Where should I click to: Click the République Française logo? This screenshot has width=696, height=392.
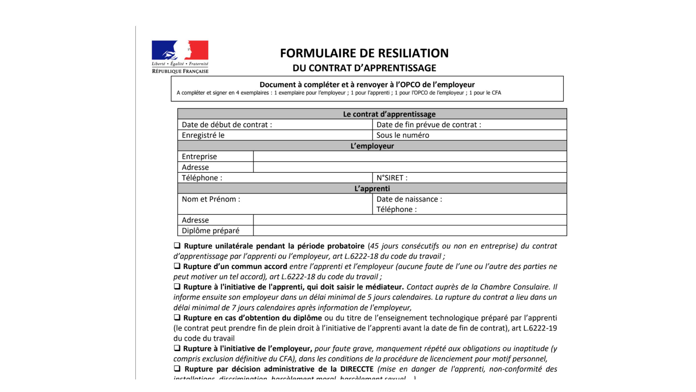pyautogui.click(x=180, y=57)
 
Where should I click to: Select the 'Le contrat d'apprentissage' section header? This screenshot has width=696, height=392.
pyautogui.click(x=389, y=114)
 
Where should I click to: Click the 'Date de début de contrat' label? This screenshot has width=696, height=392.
pyautogui.click(x=227, y=125)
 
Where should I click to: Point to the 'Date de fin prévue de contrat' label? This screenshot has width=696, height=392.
pyautogui.click(x=428, y=125)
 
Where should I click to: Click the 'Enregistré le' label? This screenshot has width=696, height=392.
pyautogui.click(x=203, y=135)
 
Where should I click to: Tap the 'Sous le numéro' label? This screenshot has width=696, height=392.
pyautogui.click(x=403, y=135)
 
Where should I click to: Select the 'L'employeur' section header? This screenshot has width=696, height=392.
pyautogui.click(x=372, y=146)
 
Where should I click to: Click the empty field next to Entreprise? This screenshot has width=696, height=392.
pyautogui.click(x=410, y=157)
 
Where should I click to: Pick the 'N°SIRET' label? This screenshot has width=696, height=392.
pyautogui.click(x=392, y=178)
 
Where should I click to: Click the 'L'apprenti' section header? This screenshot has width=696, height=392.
pyautogui.click(x=372, y=188)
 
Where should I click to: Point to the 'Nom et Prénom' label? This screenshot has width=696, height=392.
pyautogui.click(x=211, y=199)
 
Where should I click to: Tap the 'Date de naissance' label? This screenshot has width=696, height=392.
pyautogui.click(x=409, y=199)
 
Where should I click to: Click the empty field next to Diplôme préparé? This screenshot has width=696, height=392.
pyautogui.click(x=410, y=231)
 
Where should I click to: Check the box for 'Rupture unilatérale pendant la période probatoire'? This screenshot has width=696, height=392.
pyautogui.click(x=177, y=246)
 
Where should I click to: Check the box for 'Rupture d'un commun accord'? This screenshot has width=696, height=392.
pyautogui.click(x=177, y=266)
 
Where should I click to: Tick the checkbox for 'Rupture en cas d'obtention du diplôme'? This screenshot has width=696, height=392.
pyautogui.click(x=177, y=317)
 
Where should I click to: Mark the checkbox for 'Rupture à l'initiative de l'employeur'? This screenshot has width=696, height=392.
pyautogui.click(x=177, y=348)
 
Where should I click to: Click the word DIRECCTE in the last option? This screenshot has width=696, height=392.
pyautogui.click(x=357, y=369)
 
